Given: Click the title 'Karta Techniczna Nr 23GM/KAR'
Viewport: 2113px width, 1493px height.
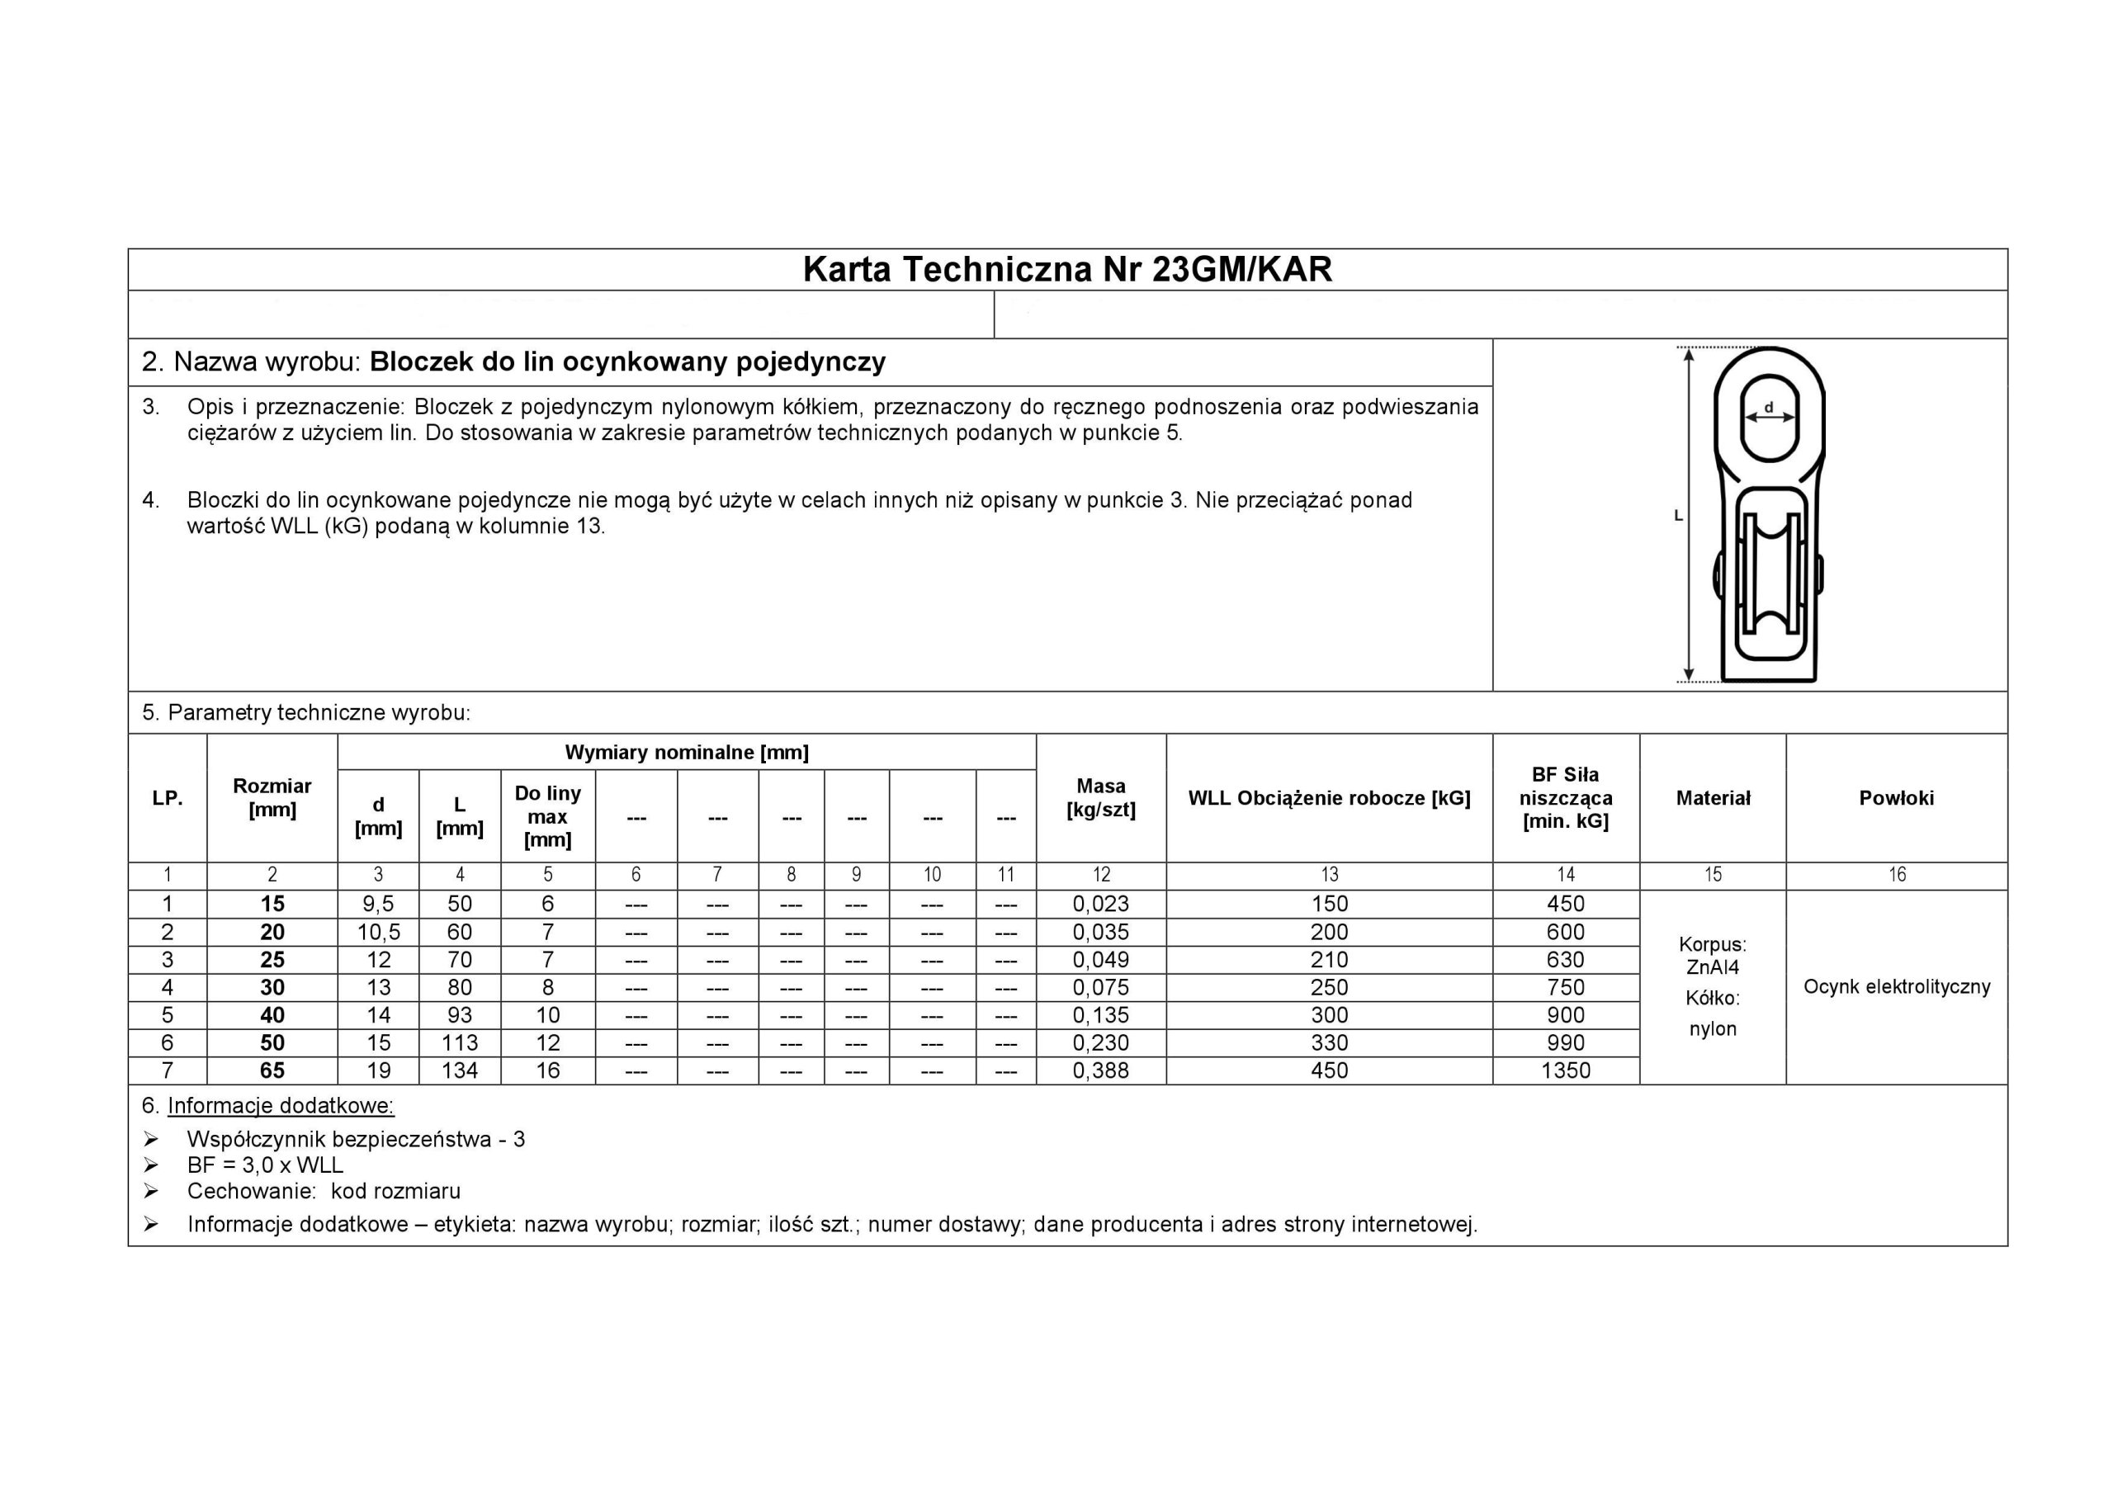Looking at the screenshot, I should [1066, 270].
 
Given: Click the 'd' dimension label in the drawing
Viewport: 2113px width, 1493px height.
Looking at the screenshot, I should [1768, 407].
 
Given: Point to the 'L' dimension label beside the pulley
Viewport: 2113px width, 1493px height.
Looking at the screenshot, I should [1678, 517].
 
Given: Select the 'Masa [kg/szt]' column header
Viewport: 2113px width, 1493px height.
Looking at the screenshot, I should [1101, 798].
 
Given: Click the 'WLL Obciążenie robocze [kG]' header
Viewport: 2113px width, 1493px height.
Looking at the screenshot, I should [1329, 798].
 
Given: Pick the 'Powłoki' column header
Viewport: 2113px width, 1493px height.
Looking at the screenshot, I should [1896, 798].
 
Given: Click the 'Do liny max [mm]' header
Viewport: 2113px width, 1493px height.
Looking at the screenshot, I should [547, 816].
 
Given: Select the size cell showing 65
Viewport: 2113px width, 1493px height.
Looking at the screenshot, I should [272, 1070].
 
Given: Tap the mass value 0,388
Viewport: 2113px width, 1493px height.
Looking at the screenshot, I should [1101, 1070].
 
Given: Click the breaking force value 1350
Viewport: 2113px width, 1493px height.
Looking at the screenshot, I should [1566, 1070].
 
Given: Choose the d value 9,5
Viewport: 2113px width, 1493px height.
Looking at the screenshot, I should [378, 904].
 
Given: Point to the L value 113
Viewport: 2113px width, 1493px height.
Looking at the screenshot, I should [459, 1043].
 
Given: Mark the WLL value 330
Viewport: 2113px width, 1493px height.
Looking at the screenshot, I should [1329, 1043].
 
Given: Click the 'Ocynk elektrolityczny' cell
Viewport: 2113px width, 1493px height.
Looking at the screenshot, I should [1896, 987].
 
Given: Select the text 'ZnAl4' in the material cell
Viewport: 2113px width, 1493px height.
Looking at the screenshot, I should [1713, 967].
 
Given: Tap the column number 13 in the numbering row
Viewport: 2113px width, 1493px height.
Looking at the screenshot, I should [1329, 876].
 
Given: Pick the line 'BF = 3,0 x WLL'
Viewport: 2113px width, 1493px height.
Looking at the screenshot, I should [265, 1165].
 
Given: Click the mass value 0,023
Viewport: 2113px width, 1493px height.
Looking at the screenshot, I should [1101, 904].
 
